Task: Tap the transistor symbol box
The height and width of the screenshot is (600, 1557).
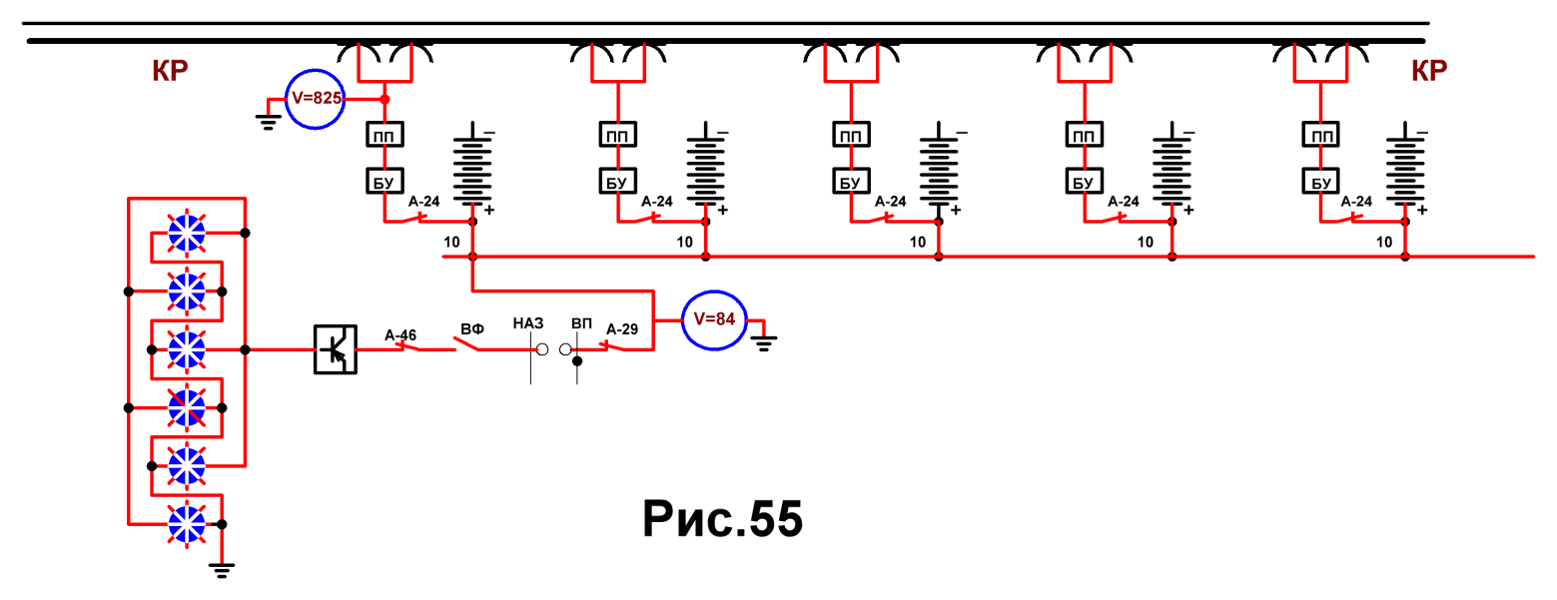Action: point(335,349)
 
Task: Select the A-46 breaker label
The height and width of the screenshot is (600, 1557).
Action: point(400,335)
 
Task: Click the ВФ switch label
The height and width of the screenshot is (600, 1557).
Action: point(472,328)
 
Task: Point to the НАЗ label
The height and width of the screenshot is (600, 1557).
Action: point(528,322)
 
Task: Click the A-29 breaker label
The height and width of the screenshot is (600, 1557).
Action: point(622,329)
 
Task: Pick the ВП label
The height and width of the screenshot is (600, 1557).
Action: point(582,323)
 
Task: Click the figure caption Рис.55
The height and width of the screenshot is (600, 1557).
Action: point(722,519)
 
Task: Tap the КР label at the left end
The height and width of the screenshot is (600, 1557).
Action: point(170,71)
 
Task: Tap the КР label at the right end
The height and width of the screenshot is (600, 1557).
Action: point(1429,71)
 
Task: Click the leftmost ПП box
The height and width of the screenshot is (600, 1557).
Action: point(385,135)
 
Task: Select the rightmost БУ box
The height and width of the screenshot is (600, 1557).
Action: point(1320,182)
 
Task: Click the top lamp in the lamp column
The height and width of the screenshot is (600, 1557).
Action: point(187,233)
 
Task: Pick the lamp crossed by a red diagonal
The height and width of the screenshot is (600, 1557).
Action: point(187,407)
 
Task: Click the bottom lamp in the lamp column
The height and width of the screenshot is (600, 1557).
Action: point(187,524)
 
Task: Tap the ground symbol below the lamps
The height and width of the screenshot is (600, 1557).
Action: point(221,570)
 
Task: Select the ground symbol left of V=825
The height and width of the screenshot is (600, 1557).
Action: point(269,122)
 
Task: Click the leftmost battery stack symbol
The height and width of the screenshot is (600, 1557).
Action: point(472,167)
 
